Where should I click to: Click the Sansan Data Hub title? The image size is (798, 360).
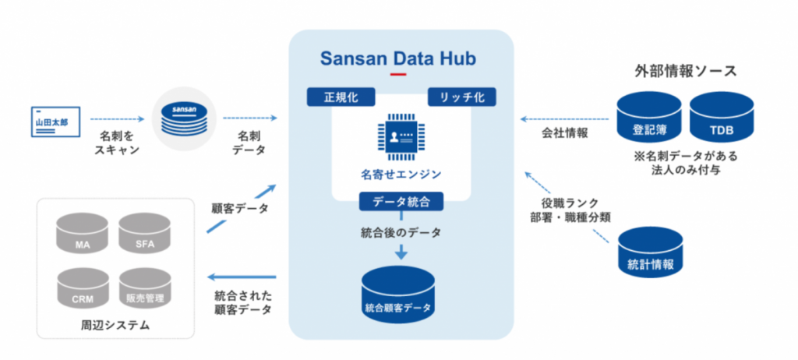(x=399, y=58)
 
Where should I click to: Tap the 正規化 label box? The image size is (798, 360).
(x=340, y=97)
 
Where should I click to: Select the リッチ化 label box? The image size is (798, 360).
(x=461, y=97)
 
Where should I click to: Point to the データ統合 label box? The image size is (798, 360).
(x=401, y=201)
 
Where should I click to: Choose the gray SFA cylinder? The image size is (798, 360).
(x=145, y=235)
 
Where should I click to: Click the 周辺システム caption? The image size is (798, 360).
(x=115, y=324)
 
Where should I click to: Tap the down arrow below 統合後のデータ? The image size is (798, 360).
(x=401, y=251)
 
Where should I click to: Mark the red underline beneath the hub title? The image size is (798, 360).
(x=399, y=75)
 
